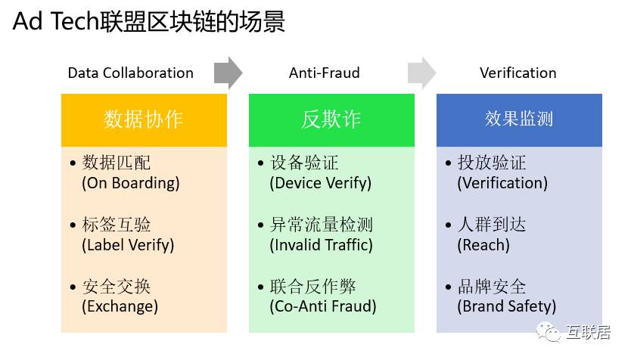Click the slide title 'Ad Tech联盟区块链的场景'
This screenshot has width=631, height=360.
148,21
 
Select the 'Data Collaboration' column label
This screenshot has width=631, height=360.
131,73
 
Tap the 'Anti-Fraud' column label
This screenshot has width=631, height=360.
325,73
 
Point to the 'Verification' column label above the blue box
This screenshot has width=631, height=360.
518,73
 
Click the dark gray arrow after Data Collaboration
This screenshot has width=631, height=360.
228,73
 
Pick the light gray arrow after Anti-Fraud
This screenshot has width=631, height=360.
421,73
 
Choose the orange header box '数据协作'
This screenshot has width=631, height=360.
144,119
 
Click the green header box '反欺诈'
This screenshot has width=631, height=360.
331,119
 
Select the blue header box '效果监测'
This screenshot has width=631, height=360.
519,119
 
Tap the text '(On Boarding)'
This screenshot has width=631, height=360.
131,183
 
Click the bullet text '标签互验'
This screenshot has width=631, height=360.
117,225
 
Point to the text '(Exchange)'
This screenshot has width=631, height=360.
120,306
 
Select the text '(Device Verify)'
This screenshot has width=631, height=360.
321,183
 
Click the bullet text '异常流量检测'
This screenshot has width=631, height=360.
322,225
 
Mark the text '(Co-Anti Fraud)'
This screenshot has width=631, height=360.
323,306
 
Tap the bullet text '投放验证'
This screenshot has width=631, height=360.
492,163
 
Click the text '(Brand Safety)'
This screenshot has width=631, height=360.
507,306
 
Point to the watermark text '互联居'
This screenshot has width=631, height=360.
588,332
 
